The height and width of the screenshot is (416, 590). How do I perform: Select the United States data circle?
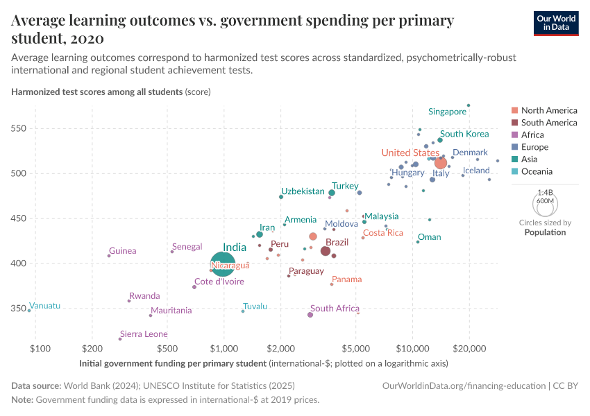tap(440, 163)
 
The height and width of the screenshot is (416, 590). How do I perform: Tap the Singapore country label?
tap(447, 112)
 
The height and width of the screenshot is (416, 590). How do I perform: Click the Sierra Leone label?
tap(144, 334)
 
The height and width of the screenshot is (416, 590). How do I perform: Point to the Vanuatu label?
tap(45, 306)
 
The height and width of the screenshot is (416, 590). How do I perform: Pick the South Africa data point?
tap(310, 315)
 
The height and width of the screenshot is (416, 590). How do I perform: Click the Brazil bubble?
tap(325, 251)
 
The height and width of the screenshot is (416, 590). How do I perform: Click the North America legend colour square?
tap(514, 110)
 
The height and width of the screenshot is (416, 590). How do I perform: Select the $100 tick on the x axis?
tap(39, 348)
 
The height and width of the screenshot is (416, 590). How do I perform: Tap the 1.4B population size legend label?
tap(545, 193)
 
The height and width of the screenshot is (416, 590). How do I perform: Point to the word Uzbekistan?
tap(303, 191)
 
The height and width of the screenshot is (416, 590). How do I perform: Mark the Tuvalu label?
tap(255, 306)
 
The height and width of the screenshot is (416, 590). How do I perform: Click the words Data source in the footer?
tap(36, 385)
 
